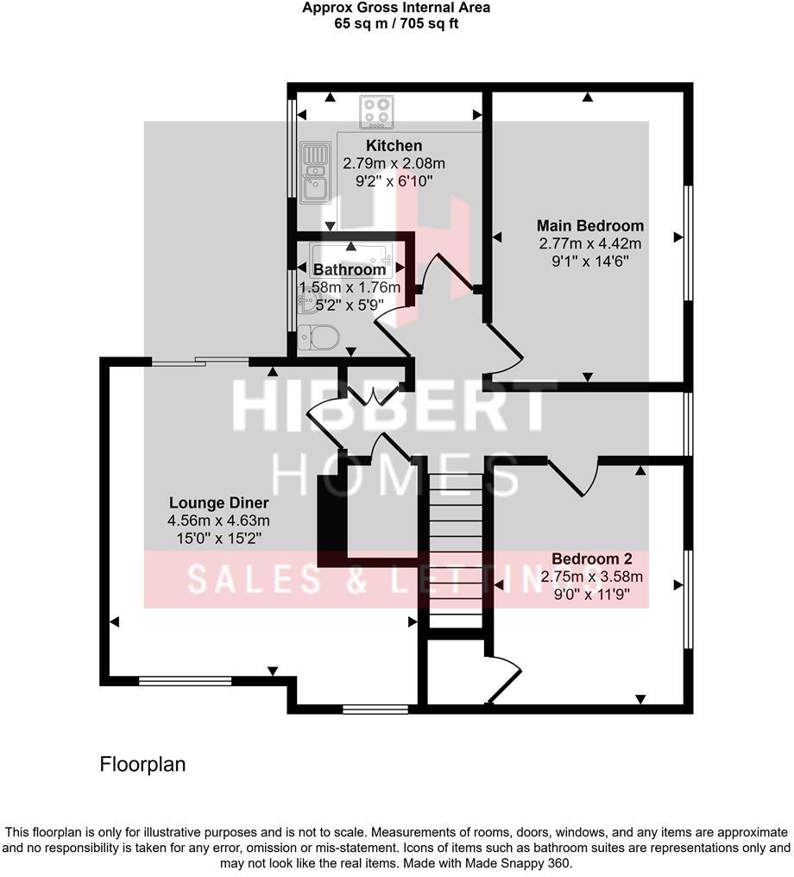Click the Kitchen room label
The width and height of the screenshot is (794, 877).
tap(394, 145)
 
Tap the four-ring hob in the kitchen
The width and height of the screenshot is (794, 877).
tap(376, 111)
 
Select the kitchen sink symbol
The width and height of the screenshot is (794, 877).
tap(315, 172)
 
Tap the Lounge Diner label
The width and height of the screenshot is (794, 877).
tap(219, 503)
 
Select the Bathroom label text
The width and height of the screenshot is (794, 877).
tap(350, 269)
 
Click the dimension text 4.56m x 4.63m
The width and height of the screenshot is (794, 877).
tap(219, 521)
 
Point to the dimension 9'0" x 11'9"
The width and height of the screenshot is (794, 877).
tap(592, 593)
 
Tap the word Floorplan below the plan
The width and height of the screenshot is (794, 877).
tap(143, 764)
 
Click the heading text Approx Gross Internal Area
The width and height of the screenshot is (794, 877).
tap(396, 9)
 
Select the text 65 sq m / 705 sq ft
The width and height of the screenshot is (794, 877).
tap(396, 23)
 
